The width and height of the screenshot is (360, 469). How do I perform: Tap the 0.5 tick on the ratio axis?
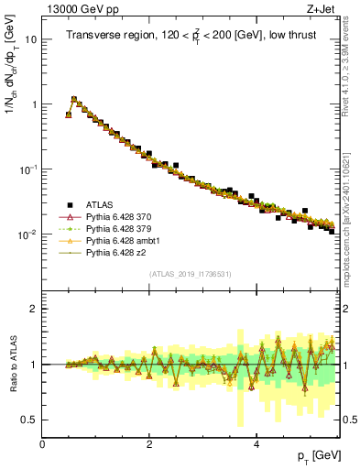29,420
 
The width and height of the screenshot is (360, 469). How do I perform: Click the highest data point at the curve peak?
74,99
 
